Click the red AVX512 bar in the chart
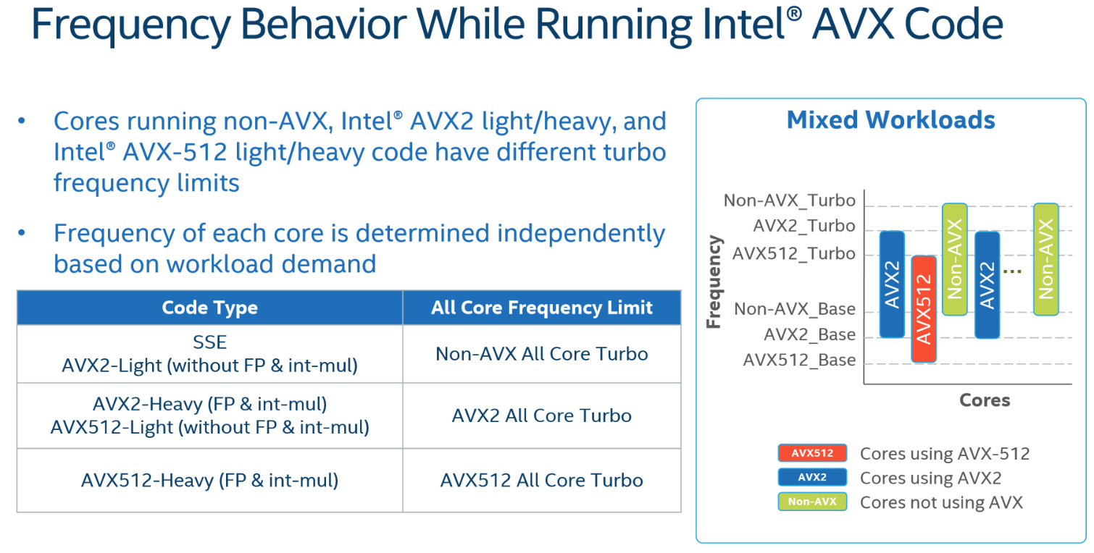[924, 309]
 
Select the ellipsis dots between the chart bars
[1012, 271]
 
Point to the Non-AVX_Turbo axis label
[789, 200]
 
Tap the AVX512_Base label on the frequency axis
[799, 360]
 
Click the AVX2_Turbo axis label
[804, 226]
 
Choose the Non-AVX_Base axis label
[795, 309]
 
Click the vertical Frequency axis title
[714, 282]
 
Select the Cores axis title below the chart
[985, 400]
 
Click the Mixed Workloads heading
[891, 120]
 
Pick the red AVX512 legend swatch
[812, 453]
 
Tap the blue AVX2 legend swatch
[812, 477]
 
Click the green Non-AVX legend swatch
[812, 502]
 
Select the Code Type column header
[209, 308]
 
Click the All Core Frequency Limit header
[542, 308]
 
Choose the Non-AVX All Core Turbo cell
[542, 354]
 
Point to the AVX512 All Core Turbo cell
[542, 481]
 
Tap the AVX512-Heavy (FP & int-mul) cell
[209, 481]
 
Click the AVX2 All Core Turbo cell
[542, 416]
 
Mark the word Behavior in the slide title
[323, 24]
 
